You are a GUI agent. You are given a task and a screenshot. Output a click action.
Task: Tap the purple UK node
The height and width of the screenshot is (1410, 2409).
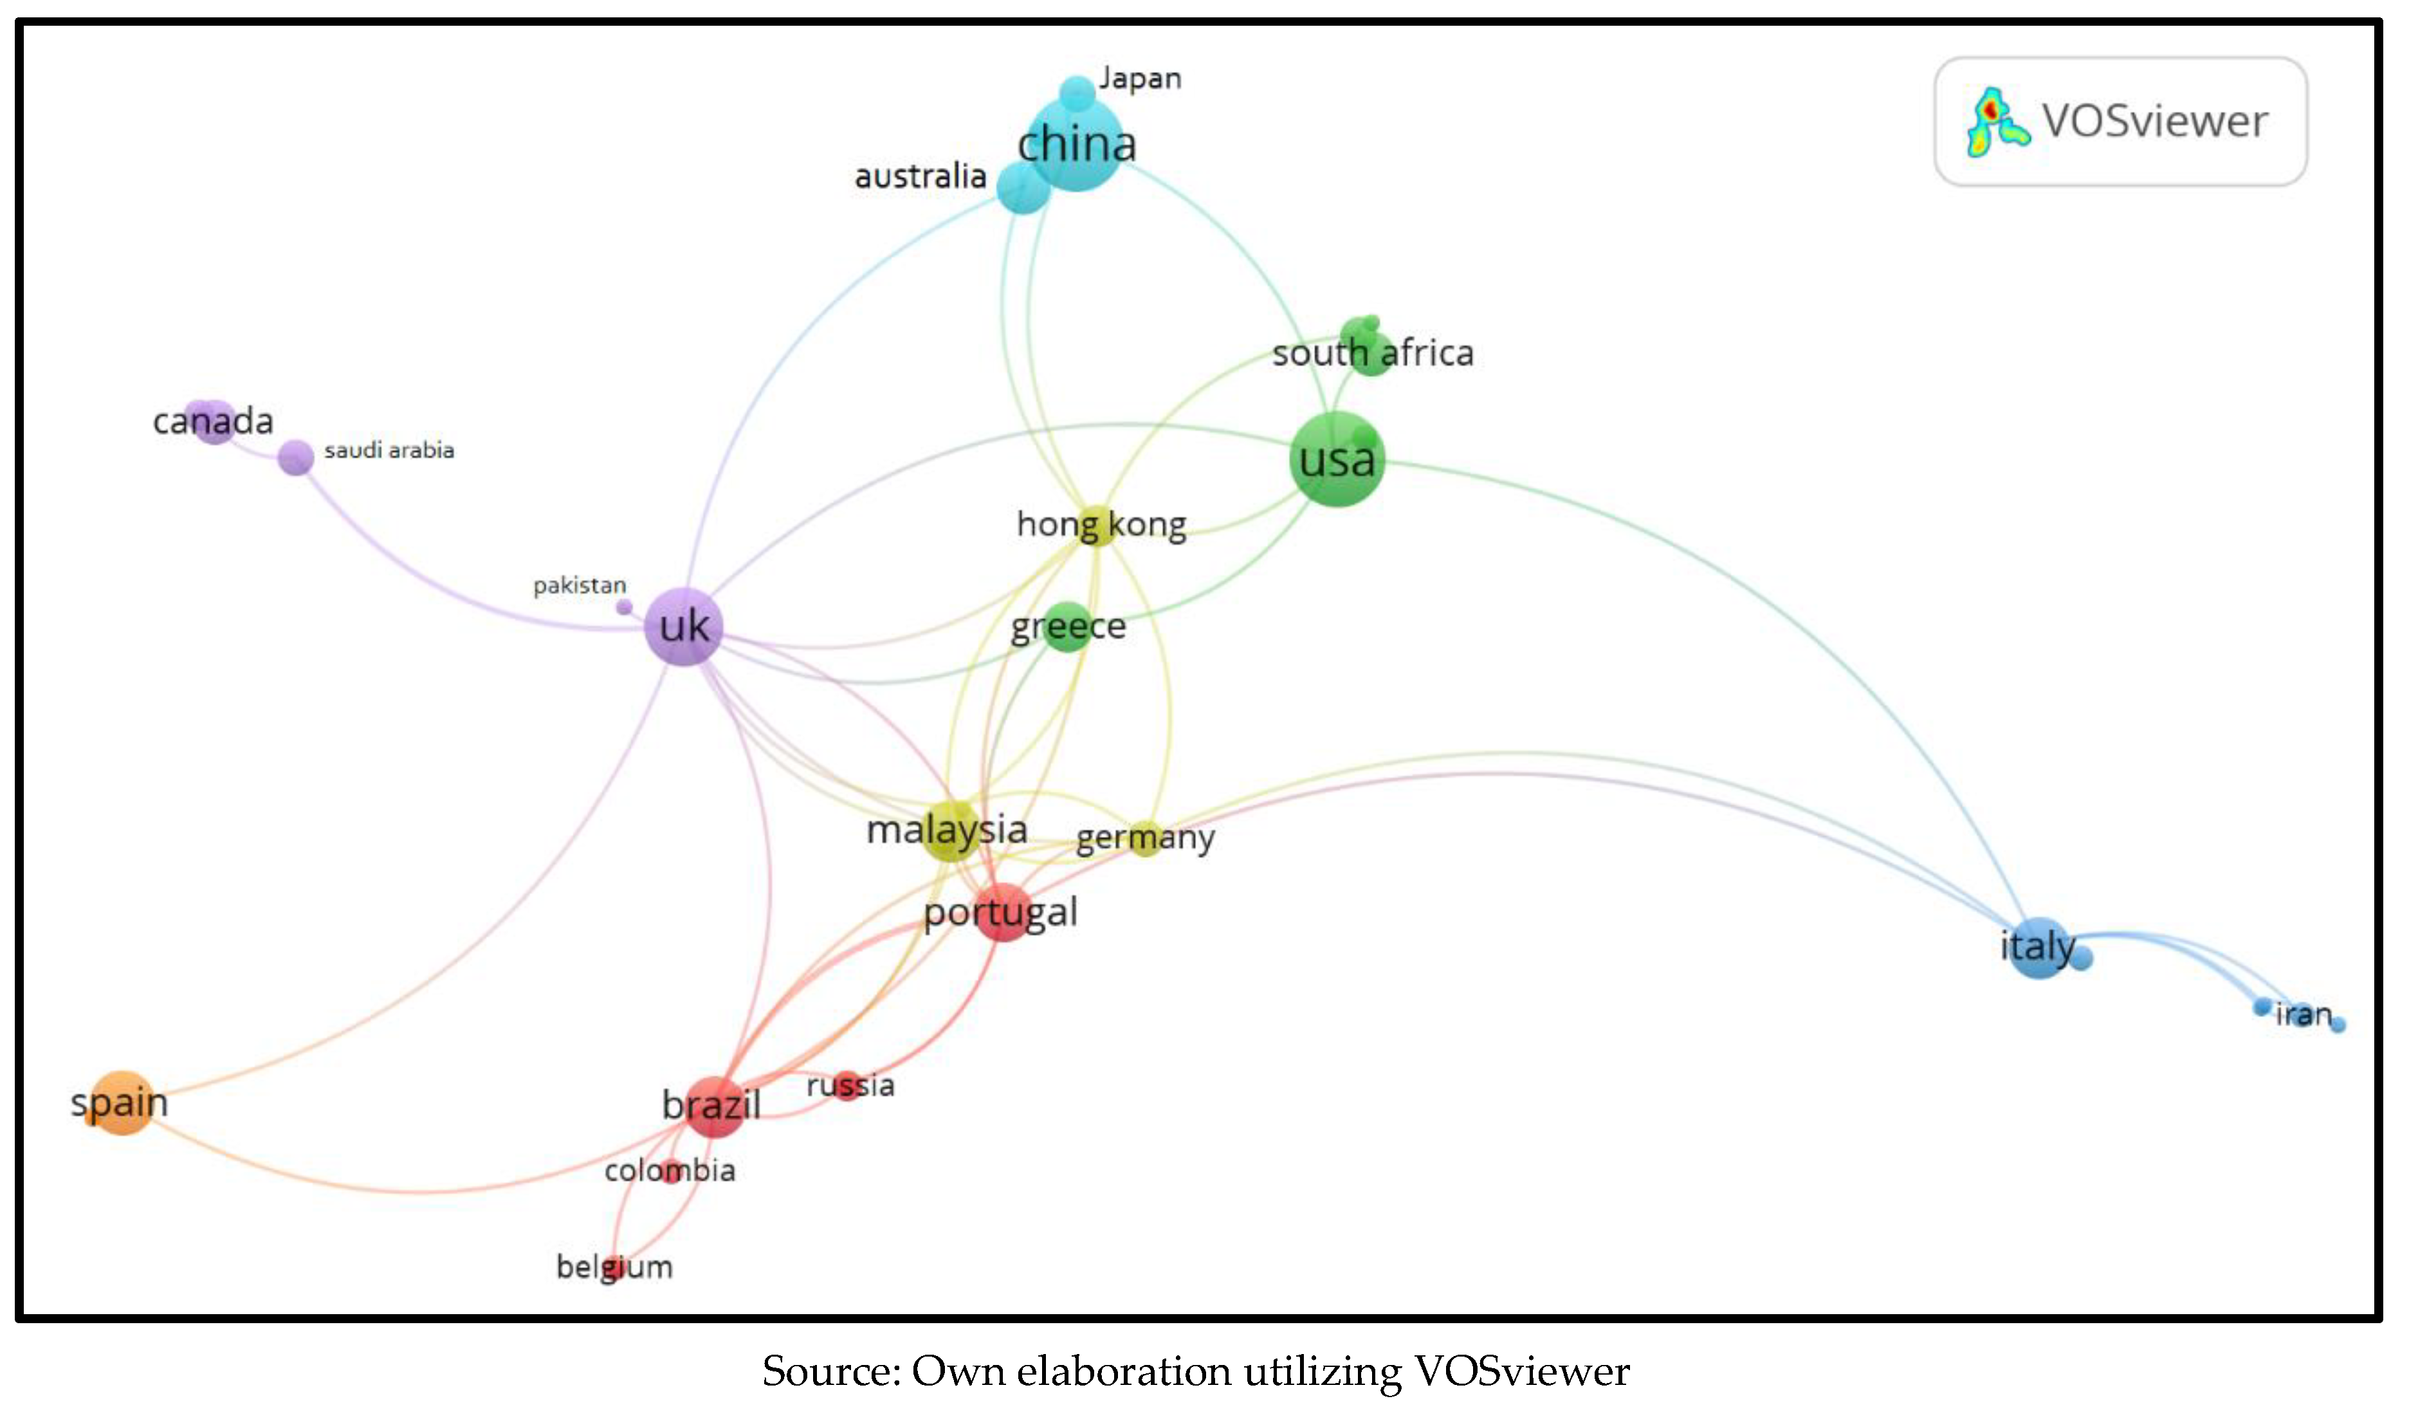point(684,627)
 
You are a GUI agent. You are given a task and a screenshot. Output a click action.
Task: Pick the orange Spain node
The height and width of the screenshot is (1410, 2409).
point(120,1102)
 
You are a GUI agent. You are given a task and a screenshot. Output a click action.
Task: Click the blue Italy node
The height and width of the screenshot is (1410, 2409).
point(2037,946)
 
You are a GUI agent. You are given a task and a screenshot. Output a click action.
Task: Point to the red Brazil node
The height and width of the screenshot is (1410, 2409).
point(713,1106)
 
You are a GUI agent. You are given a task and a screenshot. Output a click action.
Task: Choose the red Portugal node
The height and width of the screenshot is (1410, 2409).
point(1003,912)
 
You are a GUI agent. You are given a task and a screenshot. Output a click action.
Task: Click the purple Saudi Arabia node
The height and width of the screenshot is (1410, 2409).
point(295,457)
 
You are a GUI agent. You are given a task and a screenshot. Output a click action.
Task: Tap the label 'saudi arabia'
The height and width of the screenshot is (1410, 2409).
point(389,450)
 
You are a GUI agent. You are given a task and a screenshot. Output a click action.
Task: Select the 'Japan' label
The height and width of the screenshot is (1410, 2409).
point(1139,78)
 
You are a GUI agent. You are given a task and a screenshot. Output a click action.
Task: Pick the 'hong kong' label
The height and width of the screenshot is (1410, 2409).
point(1101,524)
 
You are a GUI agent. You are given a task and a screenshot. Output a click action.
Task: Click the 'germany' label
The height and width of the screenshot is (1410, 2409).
point(1145,838)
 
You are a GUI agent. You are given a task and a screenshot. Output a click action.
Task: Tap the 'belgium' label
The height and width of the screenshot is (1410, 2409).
point(615,1267)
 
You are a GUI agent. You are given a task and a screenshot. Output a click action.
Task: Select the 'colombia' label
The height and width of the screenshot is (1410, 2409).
point(669,1170)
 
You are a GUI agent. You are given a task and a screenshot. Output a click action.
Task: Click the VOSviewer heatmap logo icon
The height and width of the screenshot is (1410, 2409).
point(1995,122)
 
